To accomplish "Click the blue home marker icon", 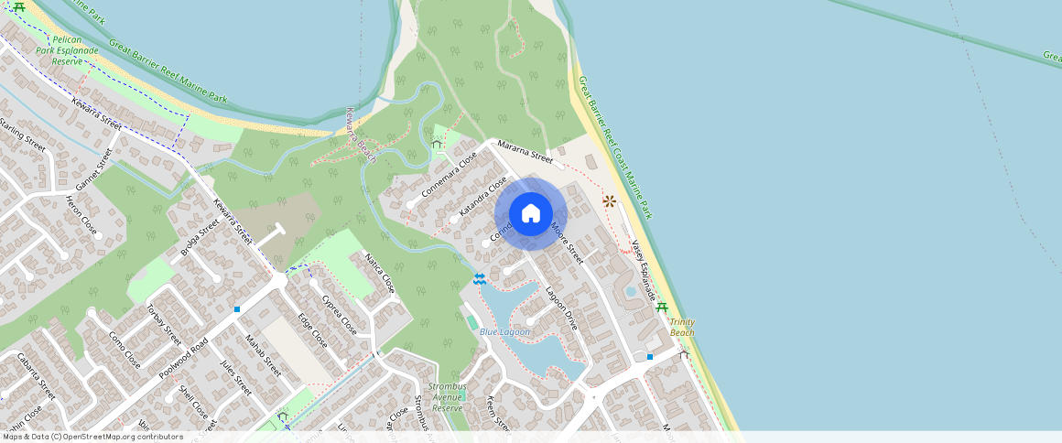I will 531,214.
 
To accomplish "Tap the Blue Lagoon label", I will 504,331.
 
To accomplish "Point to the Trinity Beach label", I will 681,327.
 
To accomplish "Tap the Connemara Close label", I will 450,176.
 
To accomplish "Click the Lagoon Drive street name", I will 562,308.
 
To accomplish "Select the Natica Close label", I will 380,272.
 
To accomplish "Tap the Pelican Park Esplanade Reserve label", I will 74,50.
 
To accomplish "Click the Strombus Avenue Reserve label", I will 448,397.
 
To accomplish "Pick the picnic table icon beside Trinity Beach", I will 662,308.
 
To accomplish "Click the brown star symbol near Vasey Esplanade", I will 608,200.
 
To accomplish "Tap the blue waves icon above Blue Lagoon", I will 480,276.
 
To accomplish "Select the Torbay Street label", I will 165,322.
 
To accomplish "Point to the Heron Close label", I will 81,214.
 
